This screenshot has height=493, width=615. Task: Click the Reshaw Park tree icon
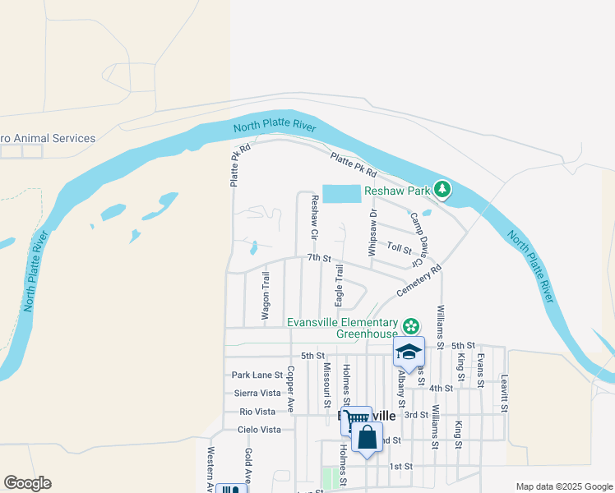coord(442,190)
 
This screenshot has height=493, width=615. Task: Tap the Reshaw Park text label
coord(398,191)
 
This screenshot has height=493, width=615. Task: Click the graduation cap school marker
coord(409,352)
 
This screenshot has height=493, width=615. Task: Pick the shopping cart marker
coord(356,420)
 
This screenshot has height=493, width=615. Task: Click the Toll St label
coord(399,247)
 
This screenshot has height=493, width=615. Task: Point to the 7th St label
coord(318,258)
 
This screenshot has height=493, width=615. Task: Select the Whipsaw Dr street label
coord(372,233)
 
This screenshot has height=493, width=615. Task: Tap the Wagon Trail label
coord(266,295)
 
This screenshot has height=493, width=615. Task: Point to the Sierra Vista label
coord(257,394)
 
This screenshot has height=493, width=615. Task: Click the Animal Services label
coord(49,139)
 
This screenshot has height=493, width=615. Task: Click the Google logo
coord(28,483)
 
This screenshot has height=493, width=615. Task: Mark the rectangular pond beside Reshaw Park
coord(342,194)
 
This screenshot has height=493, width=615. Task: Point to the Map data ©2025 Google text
coord(563,486)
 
